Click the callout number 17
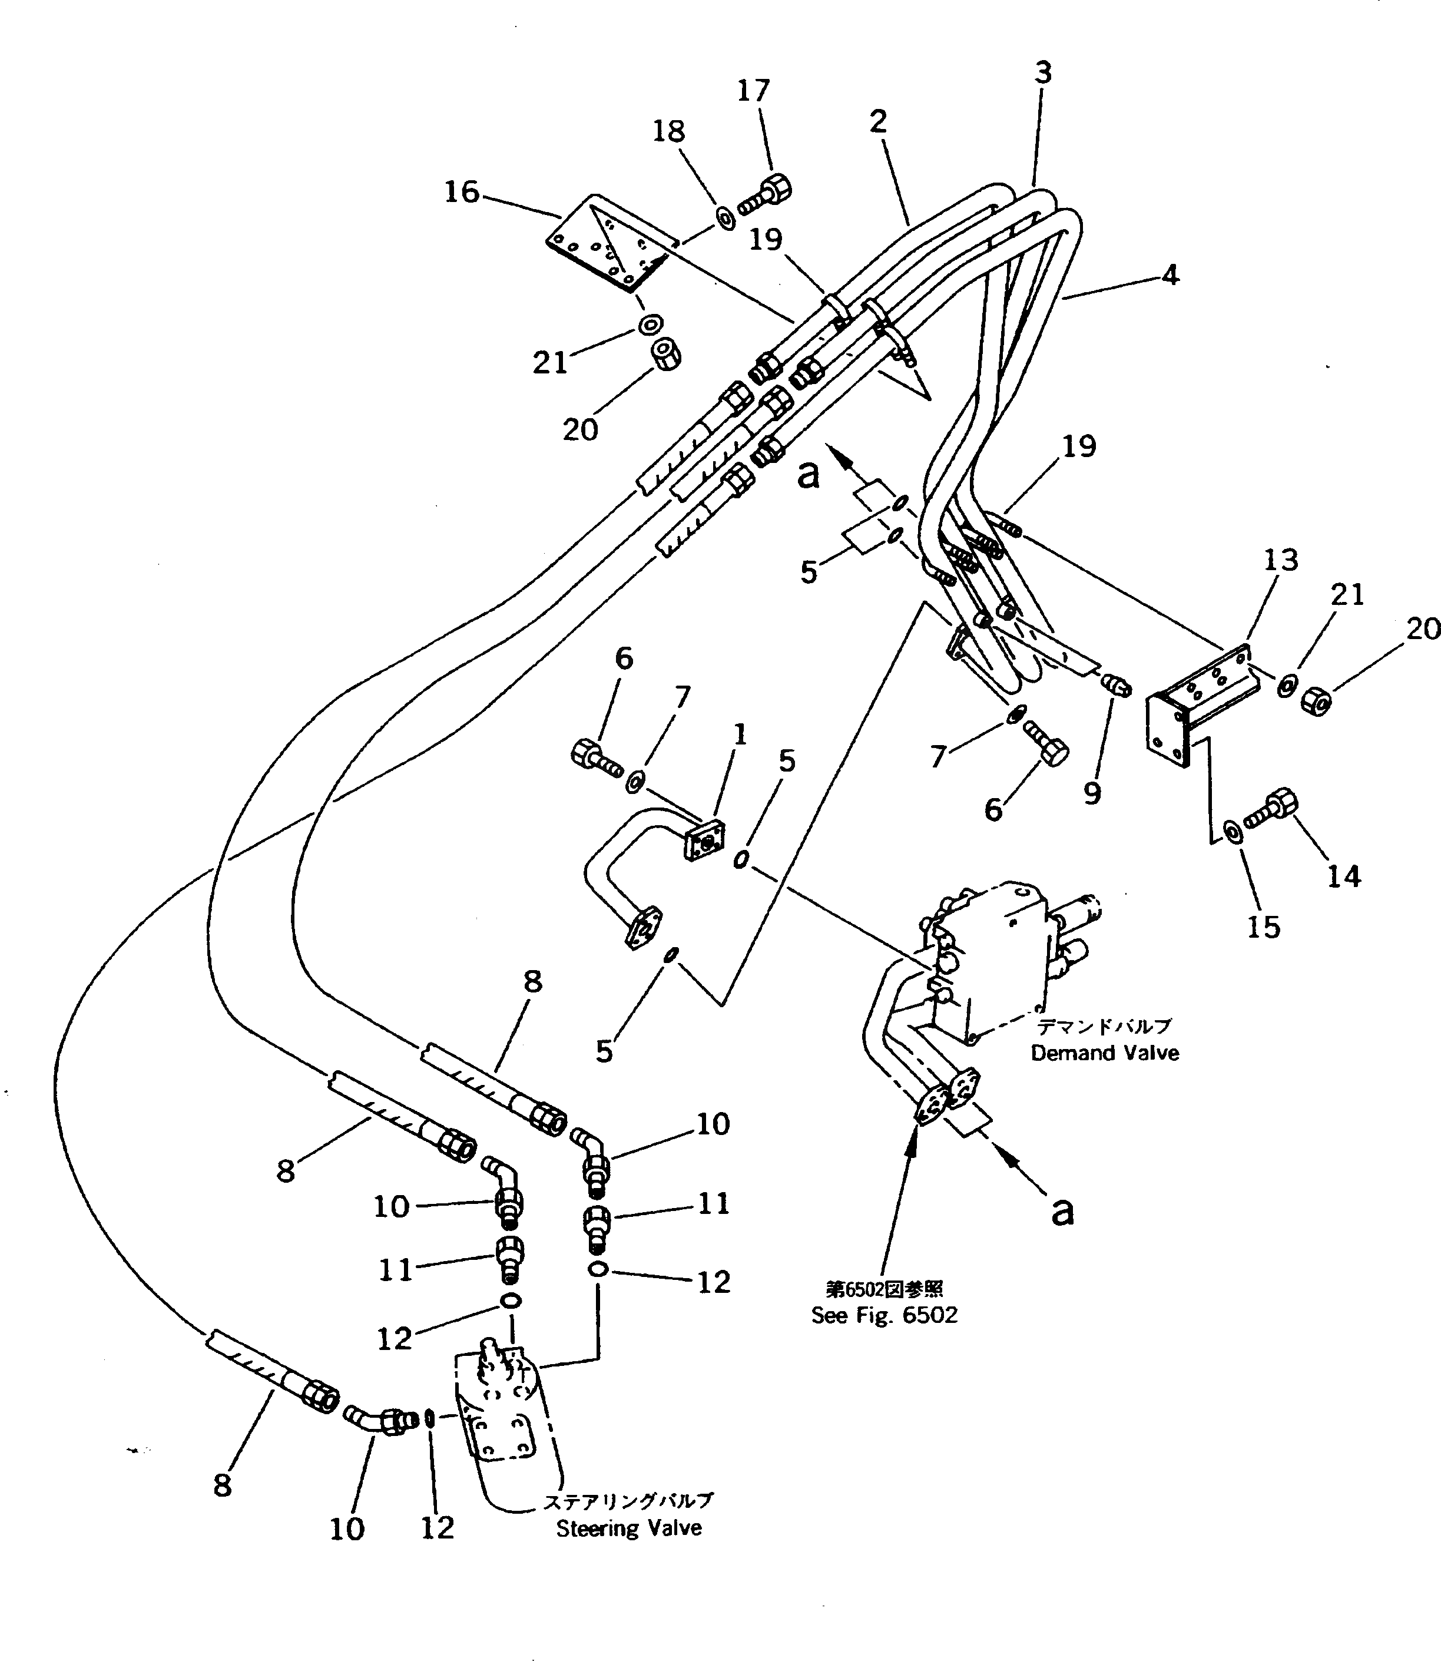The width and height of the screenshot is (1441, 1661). point(753,91)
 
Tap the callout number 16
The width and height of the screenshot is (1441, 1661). point(462,191)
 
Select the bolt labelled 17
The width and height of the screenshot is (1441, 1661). point(765,196)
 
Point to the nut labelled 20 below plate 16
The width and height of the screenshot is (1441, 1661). point(666,353)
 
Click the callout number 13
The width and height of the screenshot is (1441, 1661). point(1280,560)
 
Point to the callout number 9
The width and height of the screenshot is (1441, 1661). point(1091,793)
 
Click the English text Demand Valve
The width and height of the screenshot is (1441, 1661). point(1105,1053)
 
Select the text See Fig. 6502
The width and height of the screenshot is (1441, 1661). point(884,1315)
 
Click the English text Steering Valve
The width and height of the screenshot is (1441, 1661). point(629,1528)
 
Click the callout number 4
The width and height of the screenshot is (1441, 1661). point(1170,275)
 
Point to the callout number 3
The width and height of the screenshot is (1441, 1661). point(1042,72)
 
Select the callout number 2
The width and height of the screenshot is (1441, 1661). point(877,121)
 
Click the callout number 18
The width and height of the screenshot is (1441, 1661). point(668,131)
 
